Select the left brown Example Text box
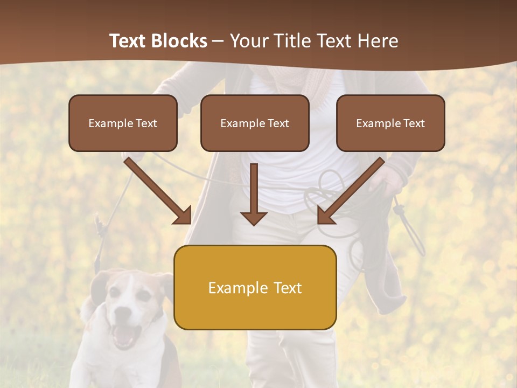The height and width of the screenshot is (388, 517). pyautogui.click(x=123, y=123)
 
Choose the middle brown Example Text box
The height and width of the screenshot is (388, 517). pyautogui.click(x=255, y=123)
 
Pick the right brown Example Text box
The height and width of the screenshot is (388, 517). pyautogui.click(x=390, y=123)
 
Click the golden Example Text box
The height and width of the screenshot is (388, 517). pyautogui.click(x=255, y=287)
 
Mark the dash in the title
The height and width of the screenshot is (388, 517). pyautogui.click(x=218, y=41)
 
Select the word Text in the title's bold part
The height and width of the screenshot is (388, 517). pyautogui.click(x=129, y=41)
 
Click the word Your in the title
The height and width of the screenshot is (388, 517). pyautogui.click(x=248, y=41)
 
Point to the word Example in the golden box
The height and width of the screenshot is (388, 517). pyautogui.click(x=234, y=288)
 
